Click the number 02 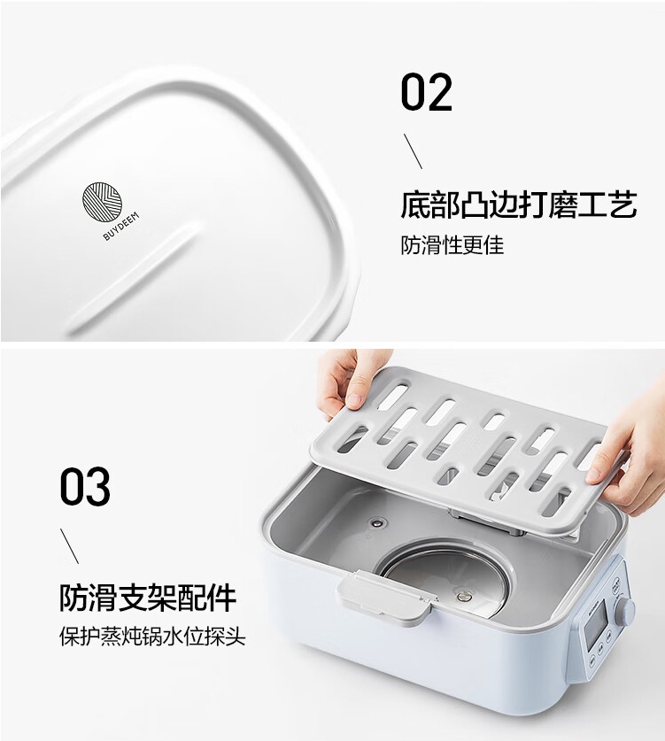click(x=426, y=93)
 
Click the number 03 click(x=85, y=488)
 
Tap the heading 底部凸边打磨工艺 click(x=518, y=206)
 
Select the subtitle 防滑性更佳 click(x=452, y=245)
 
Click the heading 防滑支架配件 click(x=148, y=598)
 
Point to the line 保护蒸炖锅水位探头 click(x=152, y=637)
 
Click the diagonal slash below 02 click(x=413, y=151)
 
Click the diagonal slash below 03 click(x=69, y=545)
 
